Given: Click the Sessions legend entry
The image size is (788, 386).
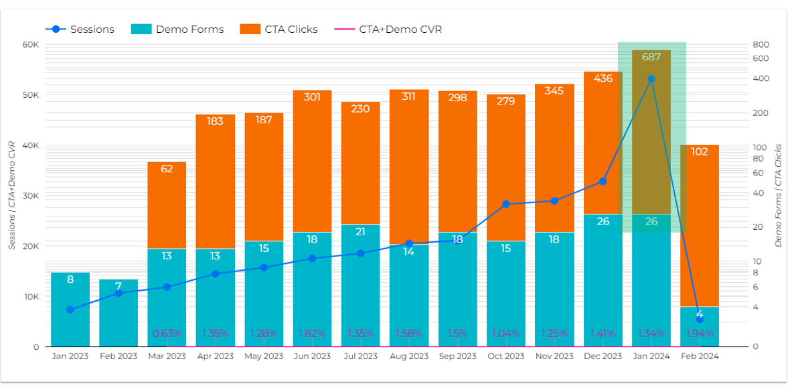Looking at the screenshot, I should [80, 29].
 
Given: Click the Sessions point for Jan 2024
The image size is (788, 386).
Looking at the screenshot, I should [651, 79].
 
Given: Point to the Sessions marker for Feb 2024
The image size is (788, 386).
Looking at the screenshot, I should [700, 320].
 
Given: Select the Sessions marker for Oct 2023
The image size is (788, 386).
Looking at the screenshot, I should [506, 204].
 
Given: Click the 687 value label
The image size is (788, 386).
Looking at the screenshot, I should [651, 57].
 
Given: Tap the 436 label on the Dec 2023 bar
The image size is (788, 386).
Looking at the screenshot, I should [603, 78].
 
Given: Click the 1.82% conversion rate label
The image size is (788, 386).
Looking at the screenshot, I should [312, 333].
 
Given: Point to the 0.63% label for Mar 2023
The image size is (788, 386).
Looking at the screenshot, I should [167, 333].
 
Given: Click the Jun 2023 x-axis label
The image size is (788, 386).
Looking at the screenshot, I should [312, 357].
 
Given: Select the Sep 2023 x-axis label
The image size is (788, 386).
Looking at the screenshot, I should [458, 357].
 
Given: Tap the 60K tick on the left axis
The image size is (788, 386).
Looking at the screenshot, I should [31, 44].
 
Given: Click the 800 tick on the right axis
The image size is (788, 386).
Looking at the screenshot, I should [761, 44].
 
